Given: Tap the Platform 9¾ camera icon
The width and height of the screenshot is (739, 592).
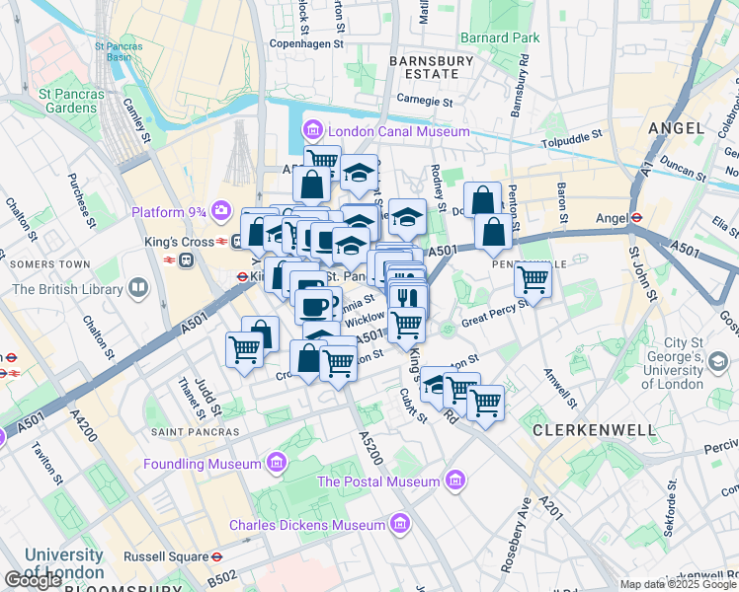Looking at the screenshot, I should click(x=222, y=211).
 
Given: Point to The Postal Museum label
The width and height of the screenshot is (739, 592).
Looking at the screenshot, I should click(x=377, y=481).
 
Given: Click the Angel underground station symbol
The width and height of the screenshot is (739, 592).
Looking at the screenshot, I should click(x=638, y=218).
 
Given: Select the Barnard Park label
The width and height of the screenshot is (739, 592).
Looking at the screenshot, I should click(x=500, y=37).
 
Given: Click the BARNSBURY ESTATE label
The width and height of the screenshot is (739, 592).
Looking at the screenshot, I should click(x=425, y=67).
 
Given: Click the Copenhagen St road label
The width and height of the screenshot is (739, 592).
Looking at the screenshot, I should click(x=306, y=44).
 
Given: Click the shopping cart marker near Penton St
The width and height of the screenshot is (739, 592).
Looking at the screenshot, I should click(x=533, y=281).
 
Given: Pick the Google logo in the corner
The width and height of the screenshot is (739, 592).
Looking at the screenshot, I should click(x=34, y=580).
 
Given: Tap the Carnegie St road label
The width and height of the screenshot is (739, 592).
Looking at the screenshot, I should click(x=424, y=101).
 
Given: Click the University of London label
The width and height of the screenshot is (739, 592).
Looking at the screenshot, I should click(x=64, y=563).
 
